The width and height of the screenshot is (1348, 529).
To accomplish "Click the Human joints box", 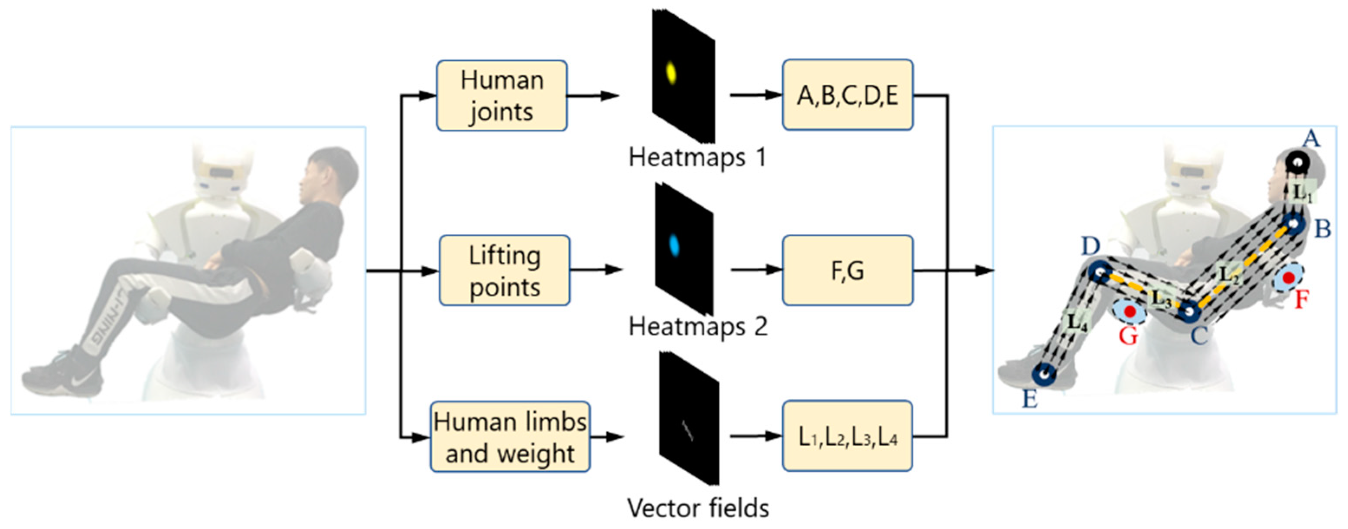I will [501, 95].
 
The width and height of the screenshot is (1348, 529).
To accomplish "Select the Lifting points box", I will [504, 270].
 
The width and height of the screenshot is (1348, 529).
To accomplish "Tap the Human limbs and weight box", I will [509, 436].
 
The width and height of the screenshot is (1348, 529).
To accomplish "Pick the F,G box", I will [847, 270].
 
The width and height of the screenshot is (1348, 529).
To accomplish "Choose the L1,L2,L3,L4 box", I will [847, 436].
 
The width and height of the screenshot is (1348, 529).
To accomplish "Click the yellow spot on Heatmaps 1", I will [671, 73].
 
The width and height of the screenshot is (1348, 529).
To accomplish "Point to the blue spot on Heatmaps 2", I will [674, 245].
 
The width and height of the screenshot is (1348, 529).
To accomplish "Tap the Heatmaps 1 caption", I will [697, 157].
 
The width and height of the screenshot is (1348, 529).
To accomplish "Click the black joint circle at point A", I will [1297, 162].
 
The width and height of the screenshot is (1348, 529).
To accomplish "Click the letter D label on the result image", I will [1091, 245].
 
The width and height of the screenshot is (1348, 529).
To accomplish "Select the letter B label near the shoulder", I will [1323, 228].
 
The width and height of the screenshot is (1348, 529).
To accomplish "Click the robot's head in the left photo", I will [222, 168].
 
